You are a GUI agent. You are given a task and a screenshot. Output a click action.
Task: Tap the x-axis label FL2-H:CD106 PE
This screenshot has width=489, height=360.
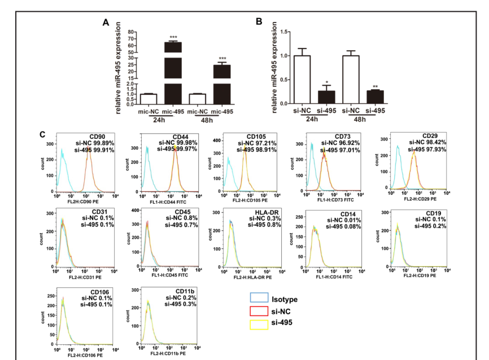coord(82,354)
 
